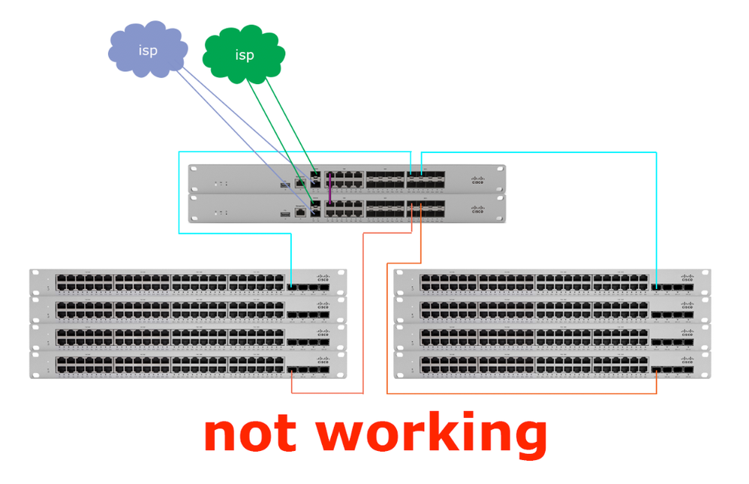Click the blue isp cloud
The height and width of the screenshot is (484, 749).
(x=146, y=50)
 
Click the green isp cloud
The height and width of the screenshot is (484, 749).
(x=244, y=55)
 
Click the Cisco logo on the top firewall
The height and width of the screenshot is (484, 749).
(x=477, y=180)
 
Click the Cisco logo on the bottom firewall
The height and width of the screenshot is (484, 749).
(x=477, y=210)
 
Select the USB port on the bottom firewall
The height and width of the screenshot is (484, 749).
(x=285, y=214)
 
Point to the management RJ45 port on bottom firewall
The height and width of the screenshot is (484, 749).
(x=300, y=212)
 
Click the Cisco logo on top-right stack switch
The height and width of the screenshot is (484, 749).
(x=687, y=278)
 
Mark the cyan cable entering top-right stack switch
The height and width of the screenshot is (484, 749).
(x=657, y=225)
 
